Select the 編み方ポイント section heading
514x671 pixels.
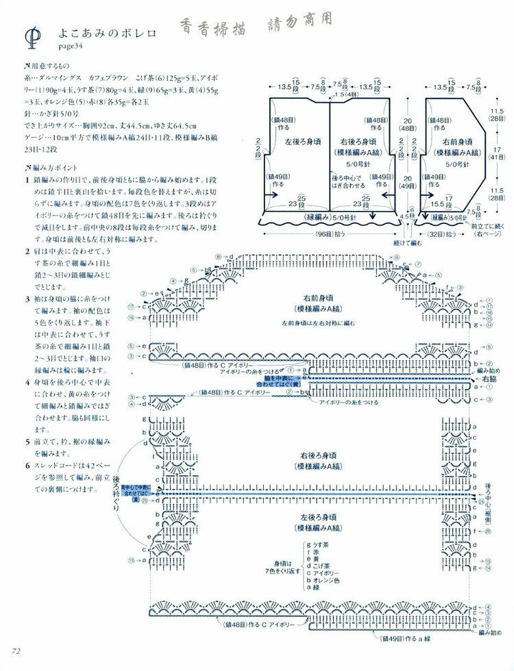coord(53,168)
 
